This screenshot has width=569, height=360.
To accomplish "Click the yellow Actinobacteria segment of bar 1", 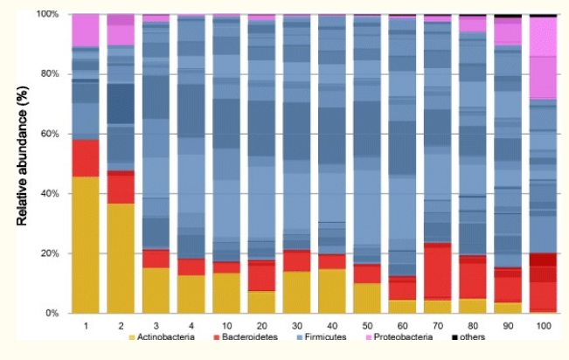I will tap(85, 245).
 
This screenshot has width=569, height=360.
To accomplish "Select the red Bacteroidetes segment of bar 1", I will tap(85, 158).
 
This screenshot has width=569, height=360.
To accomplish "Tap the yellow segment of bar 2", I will tap(120, 258).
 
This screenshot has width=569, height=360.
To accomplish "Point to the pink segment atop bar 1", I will tap(85, 30).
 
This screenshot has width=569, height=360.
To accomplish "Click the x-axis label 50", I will tap(366, 326).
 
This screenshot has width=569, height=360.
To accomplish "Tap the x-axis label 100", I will tap(543, 326).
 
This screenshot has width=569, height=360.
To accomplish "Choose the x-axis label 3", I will tap(156, 326).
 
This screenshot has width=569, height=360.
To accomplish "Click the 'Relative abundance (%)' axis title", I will tap(24, 163).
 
